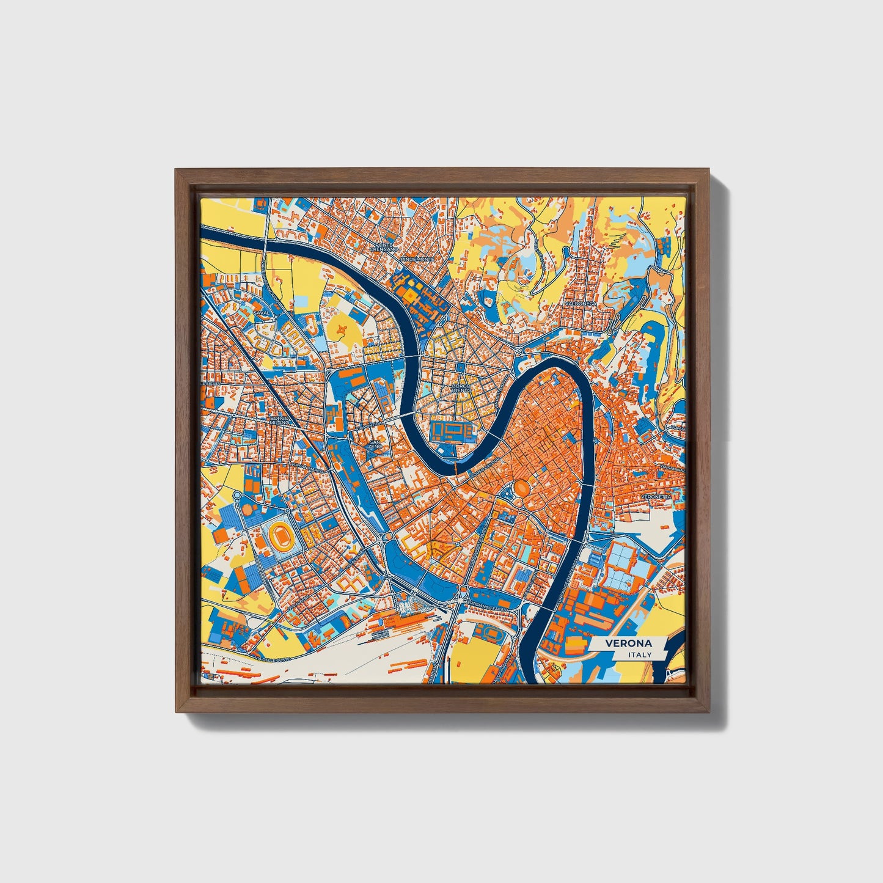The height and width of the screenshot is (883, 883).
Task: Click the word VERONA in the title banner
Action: pyautogui.click(x=628, y=643)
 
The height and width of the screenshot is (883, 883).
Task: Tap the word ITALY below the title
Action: pyautogui.click(x=640, y=654)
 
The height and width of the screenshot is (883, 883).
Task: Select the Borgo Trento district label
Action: pyautogui.click(x=461, y=388)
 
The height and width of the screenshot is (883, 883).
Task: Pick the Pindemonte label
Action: pyautogui.click(x=417, y=259)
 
